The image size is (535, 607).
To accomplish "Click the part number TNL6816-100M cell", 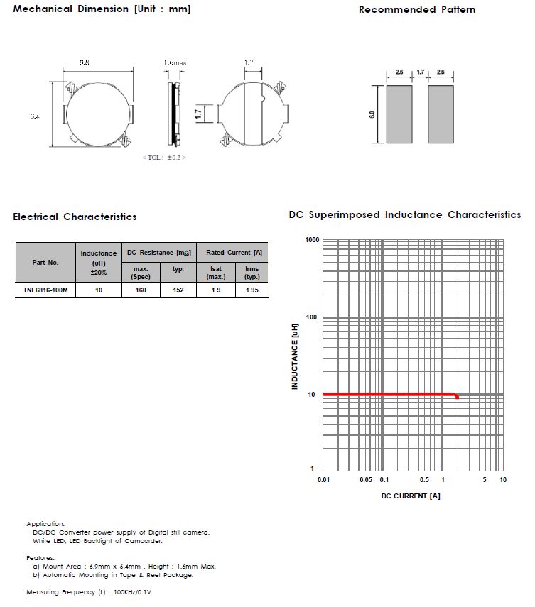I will (x=45, y=290).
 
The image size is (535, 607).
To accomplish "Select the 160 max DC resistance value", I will (x=141, y=290).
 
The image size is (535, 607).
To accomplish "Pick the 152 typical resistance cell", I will (x=178, y=290).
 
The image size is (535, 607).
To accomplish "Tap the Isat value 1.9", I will (x=216, y=290).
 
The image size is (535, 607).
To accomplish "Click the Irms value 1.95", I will (x=252, y=290).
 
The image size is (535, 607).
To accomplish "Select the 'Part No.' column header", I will (x=45, y=262).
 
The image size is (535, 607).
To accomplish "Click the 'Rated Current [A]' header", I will (x=234, y=252).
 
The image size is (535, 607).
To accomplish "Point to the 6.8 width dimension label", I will (x=85, y=63).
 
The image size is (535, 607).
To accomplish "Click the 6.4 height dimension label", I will (x=34, y=116).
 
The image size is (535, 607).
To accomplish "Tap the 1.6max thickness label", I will (x=175, y=63).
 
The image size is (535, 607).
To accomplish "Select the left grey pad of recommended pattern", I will (x=399, y=114).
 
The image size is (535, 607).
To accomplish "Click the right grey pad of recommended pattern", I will (x=441, y=114).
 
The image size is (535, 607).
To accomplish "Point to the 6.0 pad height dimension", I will (x=372, y=114).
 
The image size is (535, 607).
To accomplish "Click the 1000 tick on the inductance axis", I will (x=312, y=240).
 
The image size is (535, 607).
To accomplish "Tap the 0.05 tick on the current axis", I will (x=365, y=481).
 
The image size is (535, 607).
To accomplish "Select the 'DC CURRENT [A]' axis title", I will (x=411, y=496).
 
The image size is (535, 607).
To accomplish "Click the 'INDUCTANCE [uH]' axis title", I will (x=294, y=355).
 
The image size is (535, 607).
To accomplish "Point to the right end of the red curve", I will (x=458, y=397).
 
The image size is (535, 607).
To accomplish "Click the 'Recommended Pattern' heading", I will (x=416, y=9).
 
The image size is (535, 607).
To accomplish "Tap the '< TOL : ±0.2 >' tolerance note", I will (x=164, y=157).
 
